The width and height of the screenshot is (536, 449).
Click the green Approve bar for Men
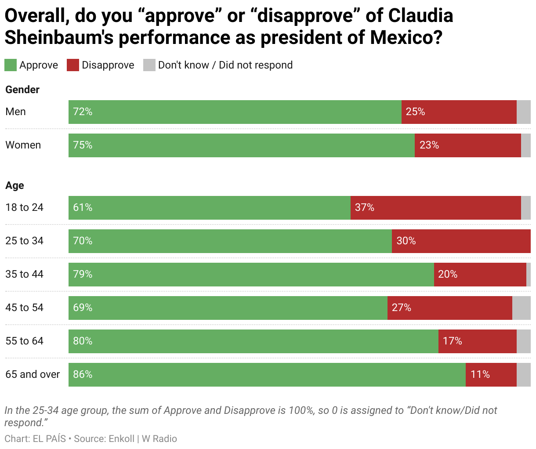pyautogui.click(x=235, y=112)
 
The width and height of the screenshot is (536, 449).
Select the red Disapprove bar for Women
pyautogui.click(x=467, y=145)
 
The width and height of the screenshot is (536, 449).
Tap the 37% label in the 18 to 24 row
pyautogui.click(x=365, y=207)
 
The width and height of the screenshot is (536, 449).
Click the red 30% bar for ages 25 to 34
pyautogui.click(x=461, y=241)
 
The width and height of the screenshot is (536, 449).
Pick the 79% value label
pyautogui.click(x=83, y=274)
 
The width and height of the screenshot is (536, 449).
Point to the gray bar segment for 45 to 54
pyautogui.click(x=521, y=308)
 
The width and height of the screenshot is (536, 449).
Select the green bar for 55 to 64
pyautogui.click(x=253, y=341)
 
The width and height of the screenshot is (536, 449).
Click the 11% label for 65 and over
pyautogui.click(x=480, y=374)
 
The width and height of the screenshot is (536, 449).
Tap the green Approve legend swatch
pyautogui.click(x=11, y=65)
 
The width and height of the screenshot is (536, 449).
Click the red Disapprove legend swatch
pyautogui.click(x=72, y=65)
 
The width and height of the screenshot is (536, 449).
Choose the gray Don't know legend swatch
pyautogui.click(x=149, y=65)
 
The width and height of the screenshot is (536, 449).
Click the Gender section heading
pyautogui.click(x=22, y=90)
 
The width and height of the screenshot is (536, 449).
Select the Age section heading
pyautogui.click(x=14, y=185)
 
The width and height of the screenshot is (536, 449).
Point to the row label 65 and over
pyautogui.click(x=33, y=374)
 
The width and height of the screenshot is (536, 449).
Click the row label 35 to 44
pyautogui.click(x=25, y=274)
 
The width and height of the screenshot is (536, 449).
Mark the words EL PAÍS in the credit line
pyautogui.click(x=49, y=438)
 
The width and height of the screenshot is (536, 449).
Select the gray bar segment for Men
pyautogui.click(x=523, y=112)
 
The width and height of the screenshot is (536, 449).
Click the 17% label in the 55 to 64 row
pyautogui.click(x=452, y=341)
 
